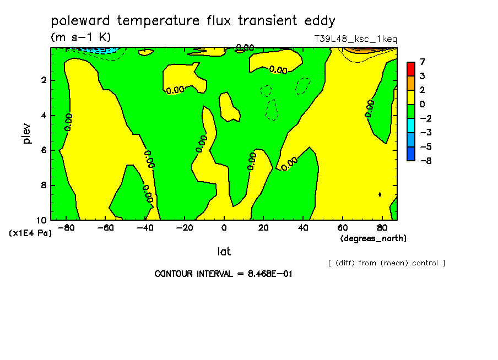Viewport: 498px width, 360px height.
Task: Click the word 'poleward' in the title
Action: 80,21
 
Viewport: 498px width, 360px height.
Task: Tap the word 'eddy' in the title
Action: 320,21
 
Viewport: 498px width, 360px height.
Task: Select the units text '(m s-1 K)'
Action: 81,37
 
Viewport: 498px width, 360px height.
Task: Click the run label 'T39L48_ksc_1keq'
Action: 356,40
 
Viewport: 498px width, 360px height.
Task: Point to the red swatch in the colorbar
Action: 411,69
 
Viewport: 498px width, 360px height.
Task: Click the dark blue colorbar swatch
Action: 411,154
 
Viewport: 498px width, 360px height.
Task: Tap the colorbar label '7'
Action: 422,62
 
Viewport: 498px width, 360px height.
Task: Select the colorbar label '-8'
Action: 426,161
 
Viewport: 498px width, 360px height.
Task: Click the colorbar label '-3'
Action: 426,132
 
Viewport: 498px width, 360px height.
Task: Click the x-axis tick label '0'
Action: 224,228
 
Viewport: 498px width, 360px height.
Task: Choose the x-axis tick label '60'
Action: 343,228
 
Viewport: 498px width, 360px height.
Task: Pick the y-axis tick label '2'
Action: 44,80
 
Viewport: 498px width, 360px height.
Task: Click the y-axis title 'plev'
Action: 26,133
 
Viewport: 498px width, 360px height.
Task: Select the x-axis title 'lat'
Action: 224,252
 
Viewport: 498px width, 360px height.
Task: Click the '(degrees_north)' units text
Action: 373,238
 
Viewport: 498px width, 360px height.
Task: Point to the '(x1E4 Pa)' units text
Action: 30,233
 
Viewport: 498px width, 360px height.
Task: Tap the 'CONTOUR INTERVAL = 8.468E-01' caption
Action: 223,274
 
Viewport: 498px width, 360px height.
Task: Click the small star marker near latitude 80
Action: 380,194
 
